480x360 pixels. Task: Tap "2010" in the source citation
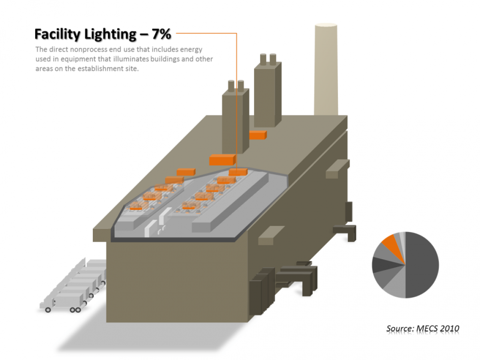450,328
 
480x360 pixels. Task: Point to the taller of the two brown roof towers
268,92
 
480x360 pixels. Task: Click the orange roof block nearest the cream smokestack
258,135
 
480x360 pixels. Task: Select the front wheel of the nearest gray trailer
48,310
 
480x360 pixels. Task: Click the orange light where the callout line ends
238,172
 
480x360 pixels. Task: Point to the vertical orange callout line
237,100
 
